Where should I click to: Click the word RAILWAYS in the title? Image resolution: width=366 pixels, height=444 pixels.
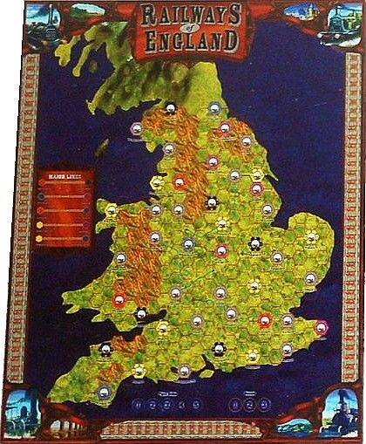(x=182, y=15)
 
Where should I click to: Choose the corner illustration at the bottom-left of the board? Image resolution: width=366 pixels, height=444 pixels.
(x=22, y=415)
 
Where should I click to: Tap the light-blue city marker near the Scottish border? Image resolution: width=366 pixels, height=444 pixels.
(x=213, y=109)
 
